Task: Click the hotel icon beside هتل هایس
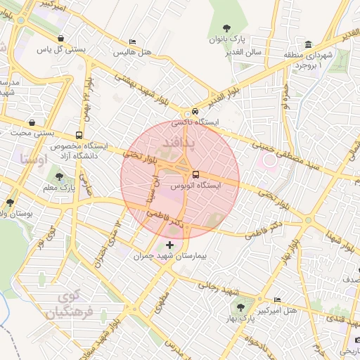134,42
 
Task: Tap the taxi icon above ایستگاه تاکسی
195,111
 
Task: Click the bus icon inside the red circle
195,174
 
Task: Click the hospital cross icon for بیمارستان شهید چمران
169,245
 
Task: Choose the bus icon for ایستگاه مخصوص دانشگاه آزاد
78,134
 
